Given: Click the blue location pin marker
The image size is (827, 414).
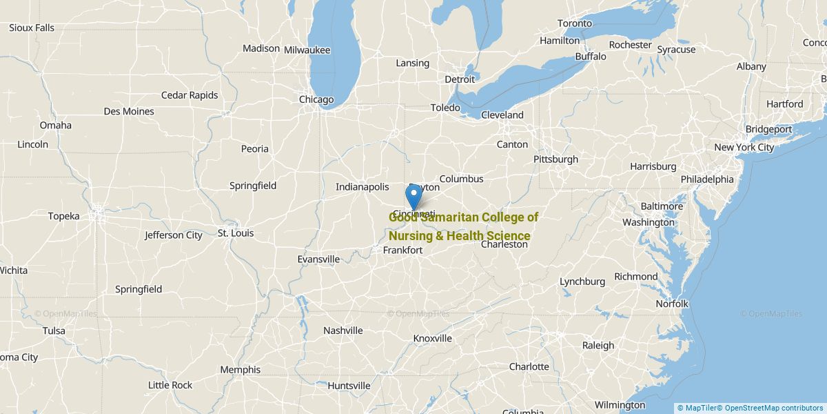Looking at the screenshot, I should point(413,197).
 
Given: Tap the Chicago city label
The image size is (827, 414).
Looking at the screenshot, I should point(316,99).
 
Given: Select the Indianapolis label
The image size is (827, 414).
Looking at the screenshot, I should point(363,186).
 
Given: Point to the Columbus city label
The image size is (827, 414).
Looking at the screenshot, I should point(461,179).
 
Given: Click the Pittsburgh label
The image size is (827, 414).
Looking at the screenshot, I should point(555,159).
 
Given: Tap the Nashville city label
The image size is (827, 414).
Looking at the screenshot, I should point(343,331).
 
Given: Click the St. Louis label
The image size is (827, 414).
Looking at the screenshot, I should point(236,233).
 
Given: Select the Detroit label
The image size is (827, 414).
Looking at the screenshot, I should point(460,79).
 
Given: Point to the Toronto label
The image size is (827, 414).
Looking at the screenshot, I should point(574,23).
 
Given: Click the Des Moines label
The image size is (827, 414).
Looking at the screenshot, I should point(129,111).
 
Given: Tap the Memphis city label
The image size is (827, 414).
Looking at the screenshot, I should point(240,370).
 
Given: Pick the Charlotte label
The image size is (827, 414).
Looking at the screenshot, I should point(529,366).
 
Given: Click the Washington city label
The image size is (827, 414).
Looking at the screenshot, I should point(648,222).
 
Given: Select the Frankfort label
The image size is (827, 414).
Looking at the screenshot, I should point(402,250).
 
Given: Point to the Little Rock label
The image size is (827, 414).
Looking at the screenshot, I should point(170,385).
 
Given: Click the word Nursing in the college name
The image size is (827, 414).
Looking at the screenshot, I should point(411,236).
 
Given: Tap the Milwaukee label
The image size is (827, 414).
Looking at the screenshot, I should point(307,50).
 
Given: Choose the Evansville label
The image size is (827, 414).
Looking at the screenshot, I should point(318,259).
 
